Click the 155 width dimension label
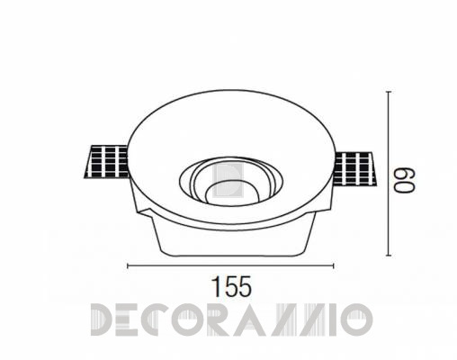click(x=232, y=286)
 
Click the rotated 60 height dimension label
click(x=405, y=180)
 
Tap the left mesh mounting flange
click(x=106, y=162)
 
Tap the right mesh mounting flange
click(x=354, y=169)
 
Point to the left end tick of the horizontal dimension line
click(x=128, y=265)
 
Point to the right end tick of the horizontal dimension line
click(x=333, y=265)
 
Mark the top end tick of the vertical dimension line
click(x=389, y=92)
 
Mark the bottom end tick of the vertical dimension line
click(x=389, y=256)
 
